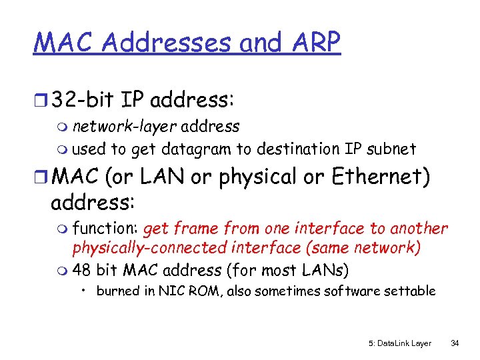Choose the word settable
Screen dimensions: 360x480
413,291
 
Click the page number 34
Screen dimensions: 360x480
455,343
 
